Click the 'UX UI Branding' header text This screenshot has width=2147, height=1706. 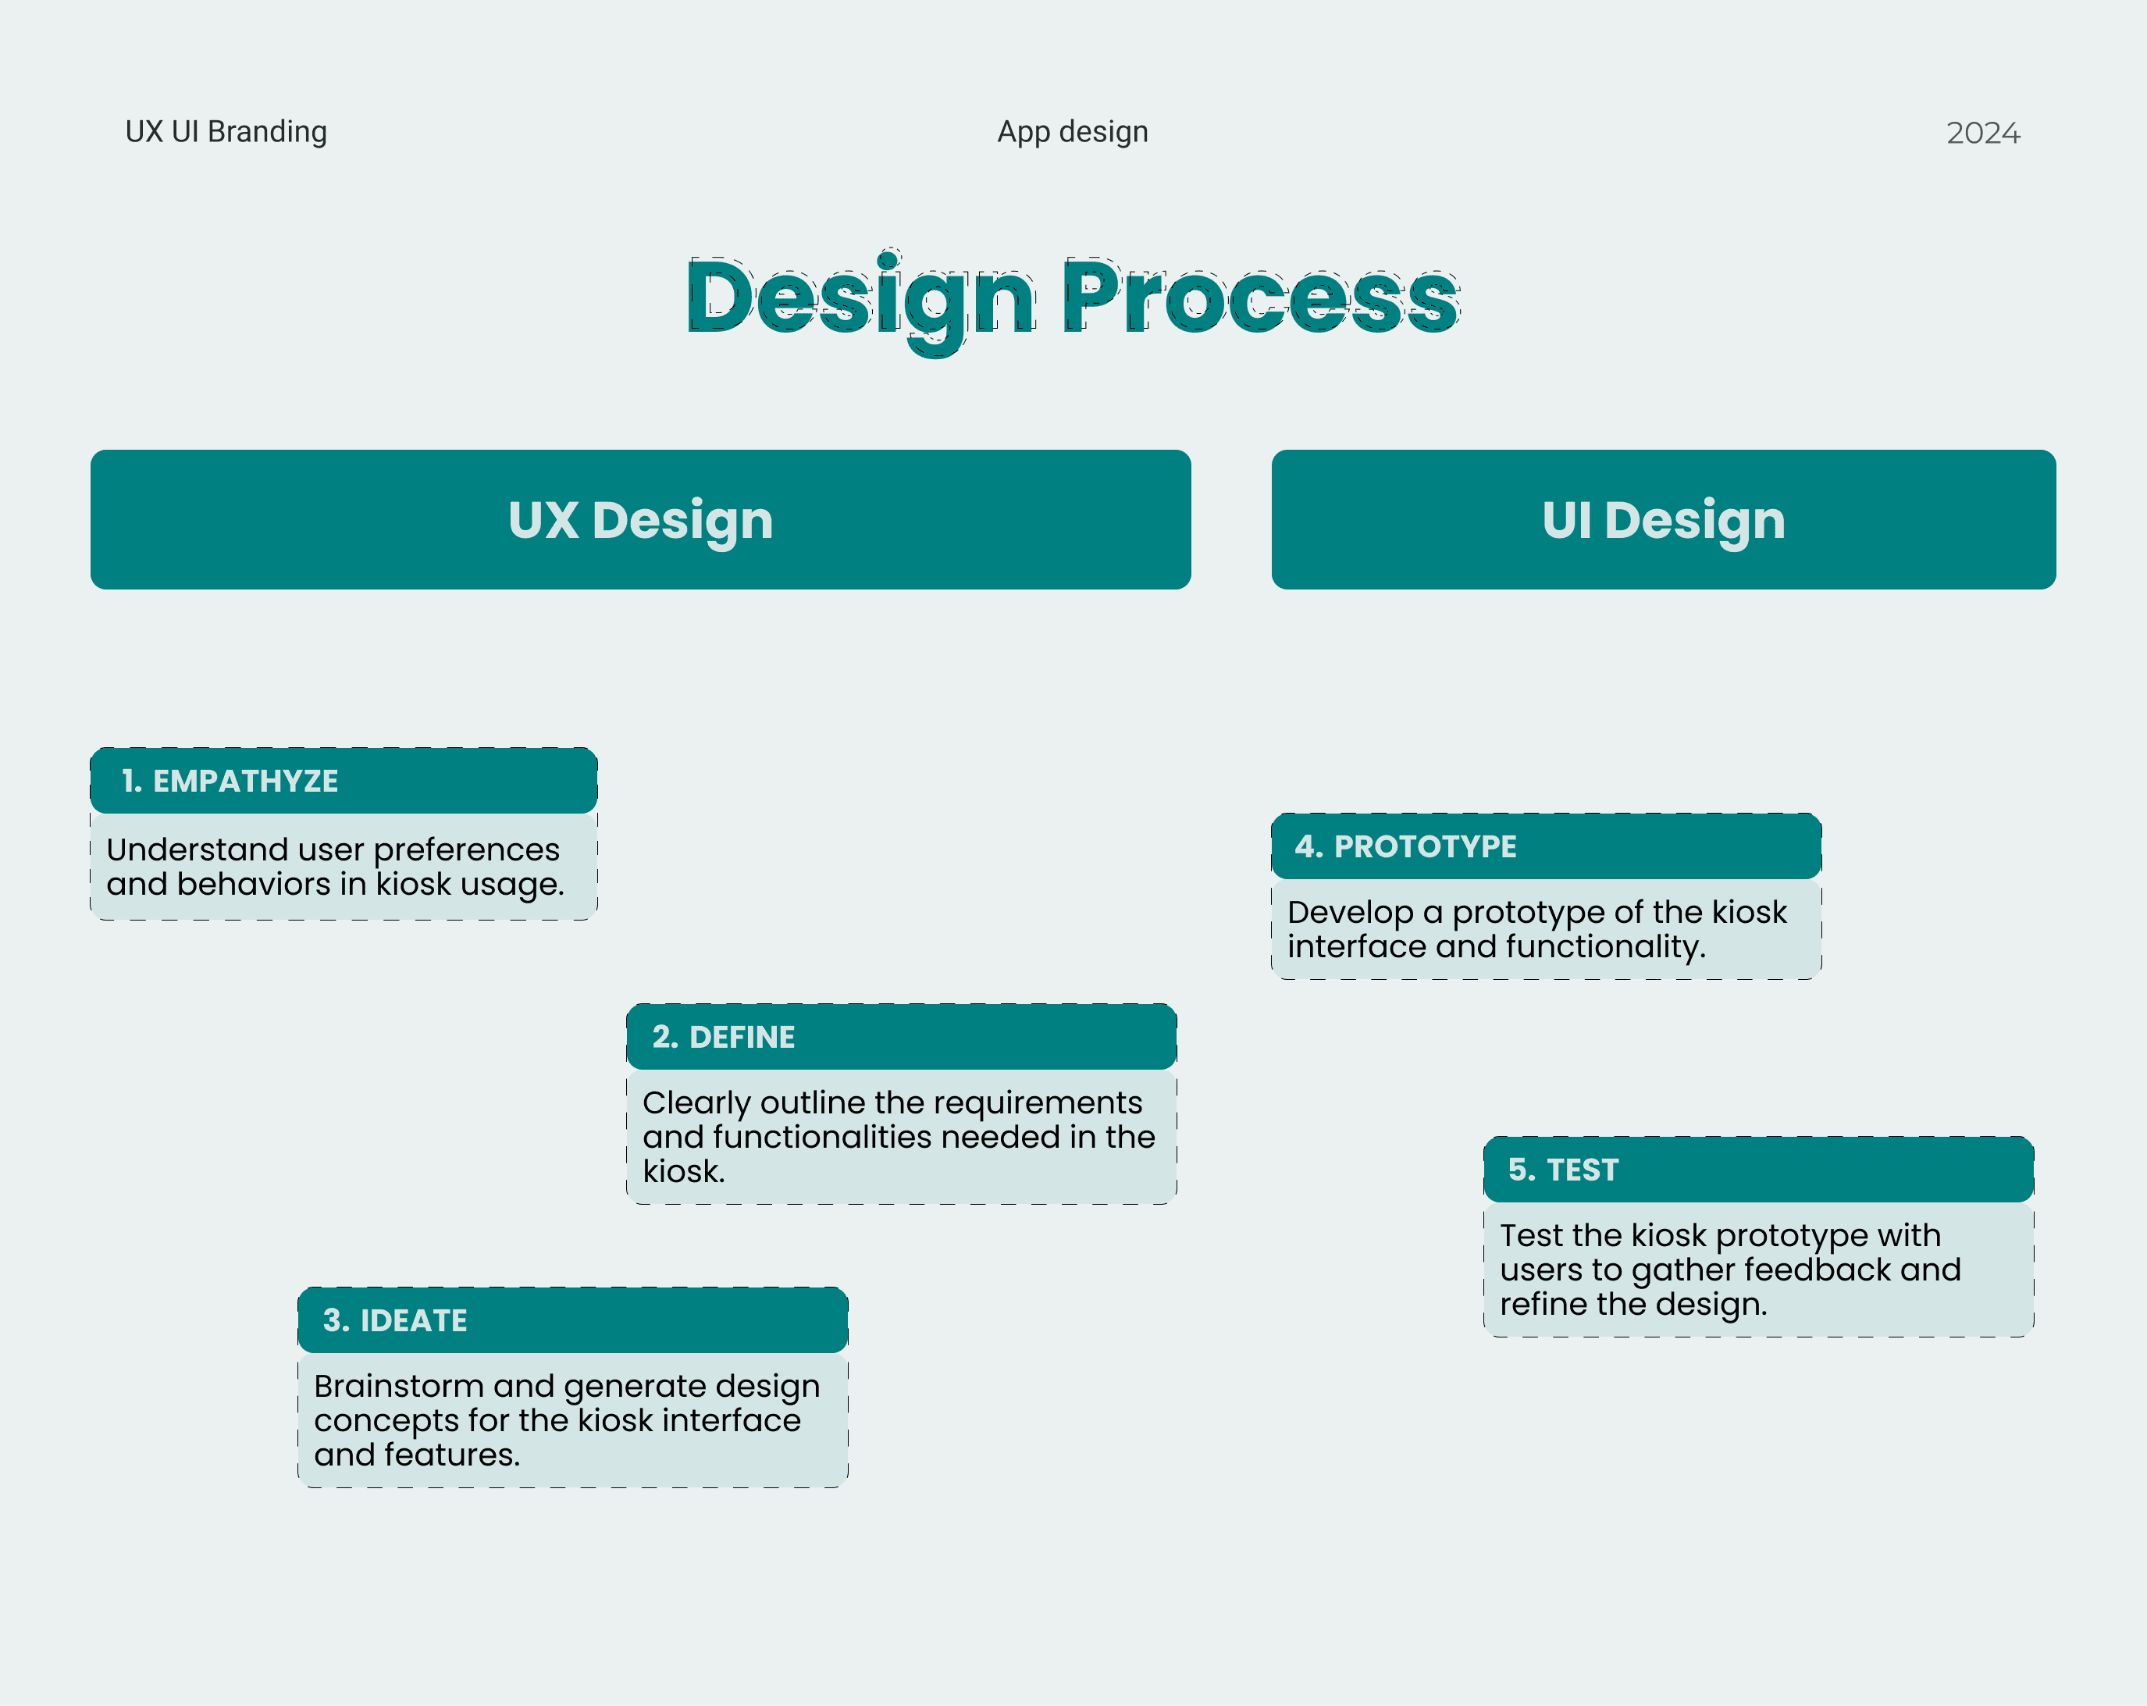point(226,131)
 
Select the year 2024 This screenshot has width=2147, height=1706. point(1983,133)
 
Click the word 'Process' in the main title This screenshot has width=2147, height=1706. point(1261,297)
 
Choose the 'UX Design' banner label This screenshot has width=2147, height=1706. point(640,520)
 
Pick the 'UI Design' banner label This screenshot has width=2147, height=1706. point(1663,520)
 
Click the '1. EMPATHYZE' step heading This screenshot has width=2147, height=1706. point(230,781)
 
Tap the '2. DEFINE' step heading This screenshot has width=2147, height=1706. point(723,1037)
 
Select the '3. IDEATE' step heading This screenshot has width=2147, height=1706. point(394,1320)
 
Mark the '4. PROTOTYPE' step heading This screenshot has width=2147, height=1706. point(1405,846)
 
